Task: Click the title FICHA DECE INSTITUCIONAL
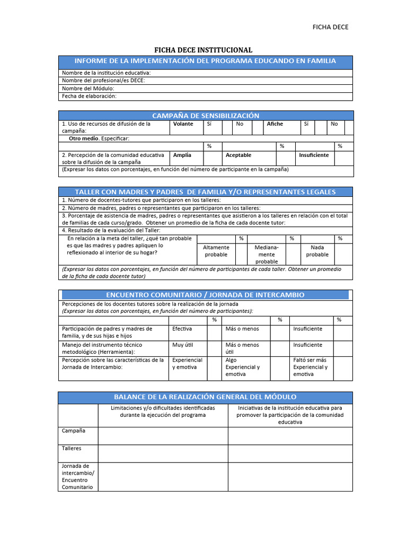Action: tap(203, 50)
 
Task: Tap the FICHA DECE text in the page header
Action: tap(331, 27)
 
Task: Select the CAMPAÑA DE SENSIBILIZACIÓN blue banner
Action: tap(205, 116)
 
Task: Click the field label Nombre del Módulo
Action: tap(88, 89)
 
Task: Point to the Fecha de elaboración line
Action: tap(89, 97)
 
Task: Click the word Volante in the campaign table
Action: tap(183, 124)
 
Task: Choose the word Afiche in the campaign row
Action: tap(275, 124)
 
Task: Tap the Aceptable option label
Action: tap(238, 155)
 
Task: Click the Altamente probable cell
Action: tap(216, 251)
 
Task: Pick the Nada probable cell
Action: tap(317, 251)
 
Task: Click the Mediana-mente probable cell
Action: tap(267, 255)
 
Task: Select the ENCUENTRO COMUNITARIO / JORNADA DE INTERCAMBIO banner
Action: tap(205, 295)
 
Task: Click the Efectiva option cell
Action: tap(182, 329)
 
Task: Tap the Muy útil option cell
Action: tap(182, 345)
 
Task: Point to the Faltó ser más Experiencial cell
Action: tap(310, 367)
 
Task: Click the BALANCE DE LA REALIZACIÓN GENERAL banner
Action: tap(205, 397)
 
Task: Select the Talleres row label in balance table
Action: tap(72, 448)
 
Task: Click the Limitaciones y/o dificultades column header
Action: tap(163, 411)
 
